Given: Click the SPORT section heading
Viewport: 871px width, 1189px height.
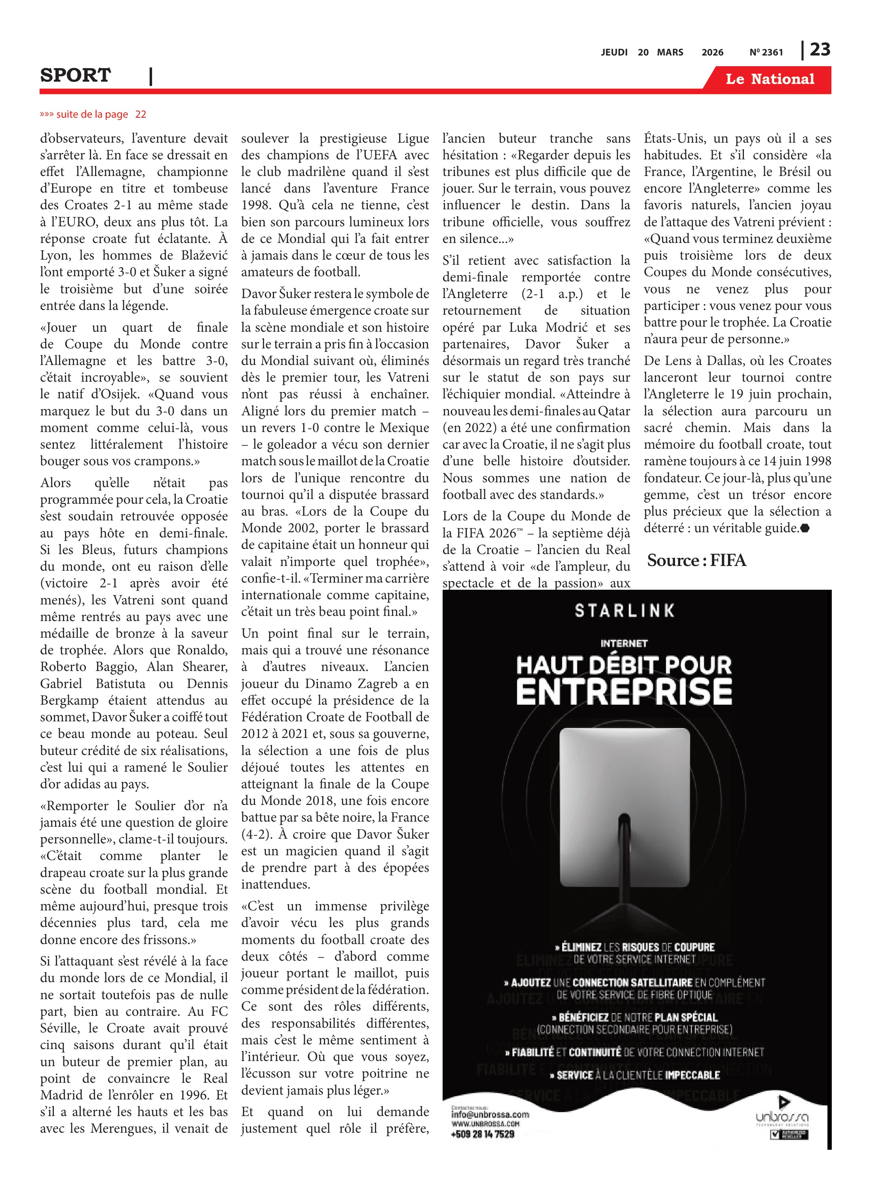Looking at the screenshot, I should point(75,75).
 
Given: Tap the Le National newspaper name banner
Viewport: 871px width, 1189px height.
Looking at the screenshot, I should point(769,79).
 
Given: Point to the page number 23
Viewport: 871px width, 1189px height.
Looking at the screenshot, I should point(820,50).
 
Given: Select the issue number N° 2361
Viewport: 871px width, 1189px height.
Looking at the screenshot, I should point(766,52).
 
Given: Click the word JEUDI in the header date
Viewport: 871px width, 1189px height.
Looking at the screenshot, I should point(614,52).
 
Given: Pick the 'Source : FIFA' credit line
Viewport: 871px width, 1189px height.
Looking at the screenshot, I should point(696,560).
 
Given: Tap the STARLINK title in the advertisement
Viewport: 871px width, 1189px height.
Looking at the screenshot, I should point(625,611).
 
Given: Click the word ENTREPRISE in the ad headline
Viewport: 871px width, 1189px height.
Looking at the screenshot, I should point(624,692).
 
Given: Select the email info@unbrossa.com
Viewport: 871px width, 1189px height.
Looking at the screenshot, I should point(490,1114).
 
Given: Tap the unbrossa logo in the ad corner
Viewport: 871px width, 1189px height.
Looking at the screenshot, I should point(782,1116).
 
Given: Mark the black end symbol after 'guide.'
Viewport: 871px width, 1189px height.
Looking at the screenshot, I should point(804,528).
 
